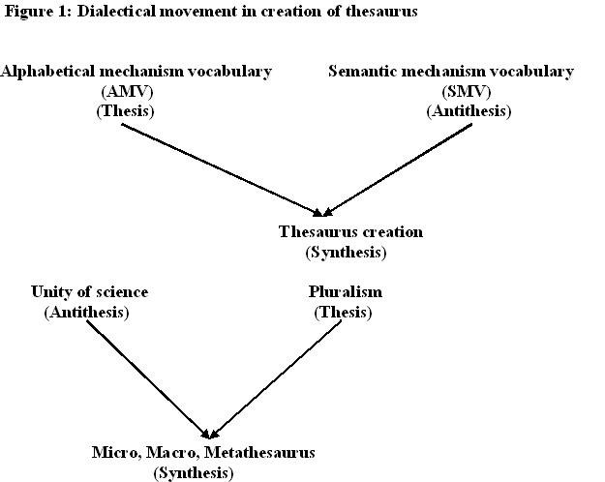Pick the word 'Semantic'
pos(361,72)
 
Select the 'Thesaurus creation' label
pos(350,232)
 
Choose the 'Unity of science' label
pos(90,292)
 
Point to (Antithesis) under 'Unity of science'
pos(86,312)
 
